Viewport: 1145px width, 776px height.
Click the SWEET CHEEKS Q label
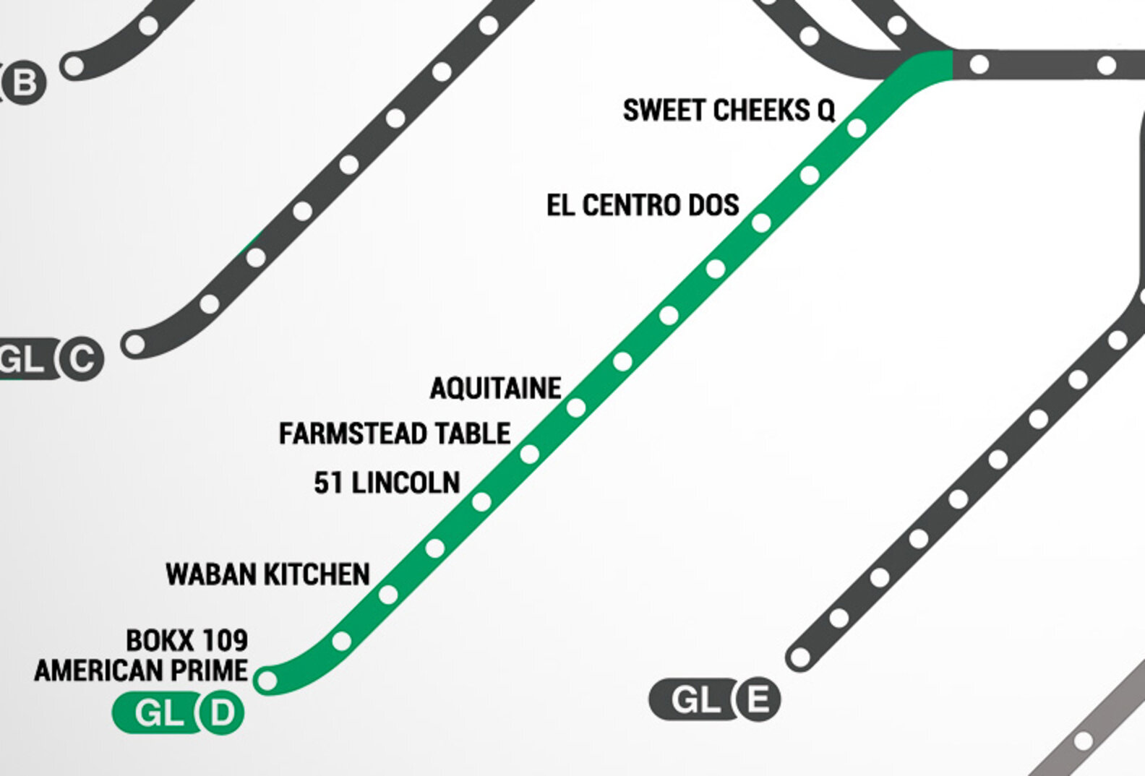tap(729, 111)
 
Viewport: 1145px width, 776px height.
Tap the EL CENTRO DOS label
tap(643, 205)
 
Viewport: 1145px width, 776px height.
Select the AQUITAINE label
tap(495, 389)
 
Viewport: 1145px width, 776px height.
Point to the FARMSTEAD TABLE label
tap(395, 434)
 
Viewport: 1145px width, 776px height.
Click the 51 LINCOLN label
tap(387, 483)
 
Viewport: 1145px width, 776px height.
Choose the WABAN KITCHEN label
tap(267, 574)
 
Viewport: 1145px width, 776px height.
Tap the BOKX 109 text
tap(186, 640)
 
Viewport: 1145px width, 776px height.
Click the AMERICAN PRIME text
tap(141, 671)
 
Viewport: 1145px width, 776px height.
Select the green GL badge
tap(158, 713)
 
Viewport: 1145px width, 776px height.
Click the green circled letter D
tap(222, 713)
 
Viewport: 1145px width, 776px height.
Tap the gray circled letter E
tap(757, 699)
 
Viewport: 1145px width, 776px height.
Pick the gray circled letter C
tap(81, 359)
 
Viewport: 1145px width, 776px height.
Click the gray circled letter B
tap(24, 82)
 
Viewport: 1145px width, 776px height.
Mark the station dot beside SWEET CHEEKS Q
tap(857, 129)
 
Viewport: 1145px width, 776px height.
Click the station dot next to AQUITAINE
tap(576, 408)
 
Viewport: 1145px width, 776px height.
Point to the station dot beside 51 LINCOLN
tap(482, 501)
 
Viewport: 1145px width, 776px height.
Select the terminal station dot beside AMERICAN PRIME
tap(267, 680)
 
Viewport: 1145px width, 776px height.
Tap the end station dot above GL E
tap(799, 658)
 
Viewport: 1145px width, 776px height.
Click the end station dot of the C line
tap(134, 344)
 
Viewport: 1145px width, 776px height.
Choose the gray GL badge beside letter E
tap(693, 699)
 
